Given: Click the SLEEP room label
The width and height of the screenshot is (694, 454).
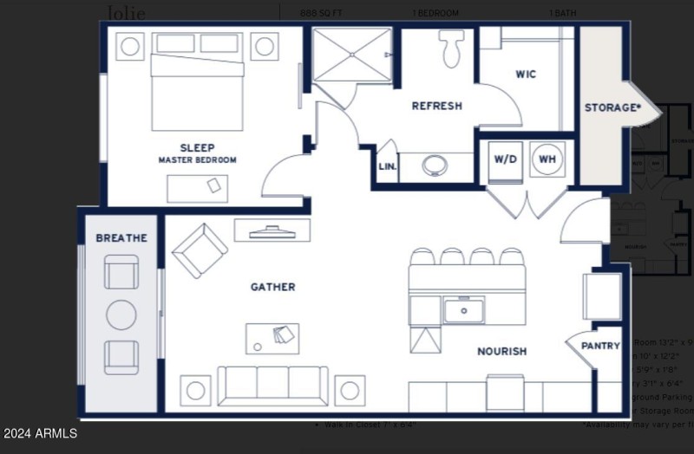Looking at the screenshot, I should point(197,147).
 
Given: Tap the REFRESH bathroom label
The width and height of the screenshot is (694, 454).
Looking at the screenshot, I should point(436,107).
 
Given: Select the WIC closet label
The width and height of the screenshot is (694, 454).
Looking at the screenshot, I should point(526,75).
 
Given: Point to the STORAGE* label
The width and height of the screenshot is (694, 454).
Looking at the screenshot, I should point(612,108).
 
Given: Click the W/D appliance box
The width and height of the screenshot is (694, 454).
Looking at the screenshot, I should point(505,160).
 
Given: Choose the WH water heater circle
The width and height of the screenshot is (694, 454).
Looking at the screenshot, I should point(547,159).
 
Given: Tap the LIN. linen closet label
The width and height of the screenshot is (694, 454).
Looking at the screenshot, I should point(387,167).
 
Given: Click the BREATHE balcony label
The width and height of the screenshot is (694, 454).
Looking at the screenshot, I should point(121,238).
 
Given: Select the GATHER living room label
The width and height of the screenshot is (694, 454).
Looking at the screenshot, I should point(272,287).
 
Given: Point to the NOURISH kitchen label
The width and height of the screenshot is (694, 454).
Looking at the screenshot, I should point(501,352).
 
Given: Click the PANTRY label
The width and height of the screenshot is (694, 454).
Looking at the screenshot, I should point(600,347).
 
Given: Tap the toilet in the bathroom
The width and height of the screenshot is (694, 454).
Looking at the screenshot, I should point(450,49).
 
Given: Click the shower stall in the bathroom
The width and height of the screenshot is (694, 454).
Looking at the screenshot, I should point(351,55).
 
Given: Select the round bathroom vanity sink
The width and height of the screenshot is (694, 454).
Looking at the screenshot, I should point(435,165).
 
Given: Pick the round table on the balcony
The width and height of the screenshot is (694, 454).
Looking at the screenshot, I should point(121,315).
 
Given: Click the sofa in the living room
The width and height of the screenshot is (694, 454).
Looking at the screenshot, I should point(272,385).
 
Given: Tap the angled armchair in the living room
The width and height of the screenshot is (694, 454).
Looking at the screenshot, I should point(200,250).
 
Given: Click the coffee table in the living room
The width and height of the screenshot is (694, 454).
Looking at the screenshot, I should point(272,338).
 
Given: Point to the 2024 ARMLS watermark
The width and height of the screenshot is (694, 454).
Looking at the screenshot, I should point(40,433).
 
